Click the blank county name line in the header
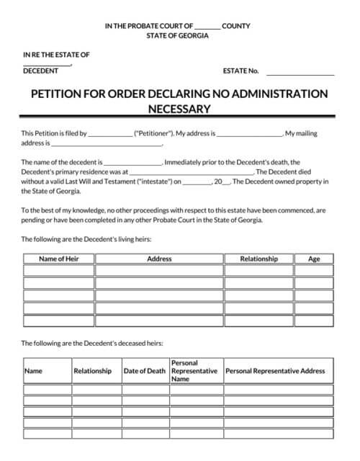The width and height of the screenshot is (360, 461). (x=207, y=27)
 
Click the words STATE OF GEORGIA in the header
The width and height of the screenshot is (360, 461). (x=177, y=36)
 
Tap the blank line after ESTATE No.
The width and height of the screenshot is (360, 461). (x=300, y=73)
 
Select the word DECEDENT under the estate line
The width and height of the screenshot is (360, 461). (x=41, y=71)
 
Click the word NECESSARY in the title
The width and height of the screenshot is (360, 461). (x=179, y=109)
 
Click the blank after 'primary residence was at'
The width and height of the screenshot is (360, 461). (x=191, y=173)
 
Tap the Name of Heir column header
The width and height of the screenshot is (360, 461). (x=59, y=259)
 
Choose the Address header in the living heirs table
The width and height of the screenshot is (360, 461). (x=159, y=259)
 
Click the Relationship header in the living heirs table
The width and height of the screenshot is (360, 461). (x=258, y=259)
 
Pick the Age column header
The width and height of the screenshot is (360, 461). (x=314, y=259)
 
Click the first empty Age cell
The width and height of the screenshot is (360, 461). (x=314, y=271)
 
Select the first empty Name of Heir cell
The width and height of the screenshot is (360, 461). (x=59, y=271)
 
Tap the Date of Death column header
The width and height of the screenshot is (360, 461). (x=145, y=371)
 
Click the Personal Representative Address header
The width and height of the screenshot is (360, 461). (x=275, y=371)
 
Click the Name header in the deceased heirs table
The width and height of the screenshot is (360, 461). (x=34, y=371)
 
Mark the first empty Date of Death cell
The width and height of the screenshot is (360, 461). (x=145, y=390)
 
